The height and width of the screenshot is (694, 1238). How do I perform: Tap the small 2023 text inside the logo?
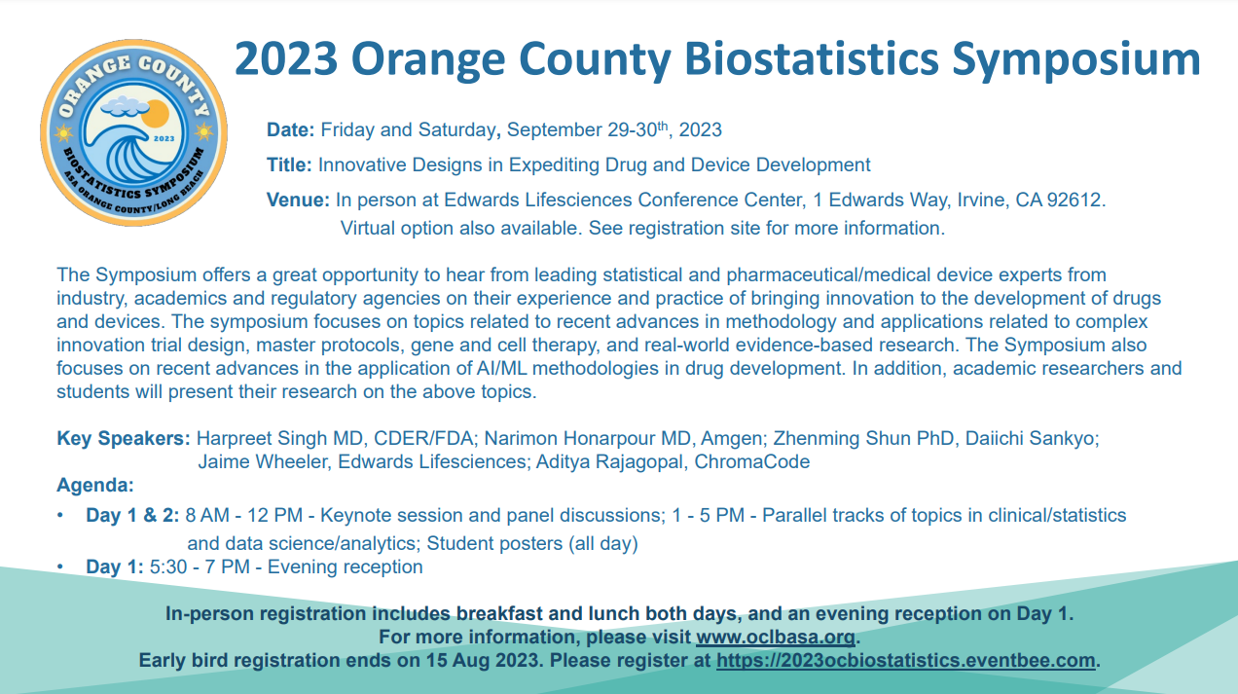(x=164, y=138)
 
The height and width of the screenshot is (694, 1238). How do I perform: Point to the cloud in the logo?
(x=125, y=106)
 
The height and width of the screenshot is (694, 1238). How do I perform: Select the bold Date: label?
(x=290, y=129)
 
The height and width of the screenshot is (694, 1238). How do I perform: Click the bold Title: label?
(x=289, y=164)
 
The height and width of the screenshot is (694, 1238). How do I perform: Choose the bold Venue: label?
(x=298, y=200)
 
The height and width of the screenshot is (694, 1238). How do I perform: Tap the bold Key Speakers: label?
(x=124, y=438)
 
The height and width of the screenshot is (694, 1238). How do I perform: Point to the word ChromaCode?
(x=751, y=461)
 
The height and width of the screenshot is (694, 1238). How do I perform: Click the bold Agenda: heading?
(x=95, y=485)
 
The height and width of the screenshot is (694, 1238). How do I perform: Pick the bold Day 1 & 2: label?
(x=132, y=515)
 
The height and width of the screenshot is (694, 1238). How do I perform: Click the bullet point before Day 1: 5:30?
(x=60, y=566)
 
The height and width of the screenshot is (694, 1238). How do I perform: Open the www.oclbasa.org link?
(x=776, y=638)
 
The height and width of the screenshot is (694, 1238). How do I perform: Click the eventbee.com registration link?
(x=906, y=660)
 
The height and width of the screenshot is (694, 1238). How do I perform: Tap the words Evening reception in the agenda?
(x=345, y=566)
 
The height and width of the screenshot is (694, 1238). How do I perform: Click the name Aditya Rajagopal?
(x=609, y=461)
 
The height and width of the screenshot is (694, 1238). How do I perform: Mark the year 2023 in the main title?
(x=286, y=58)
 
